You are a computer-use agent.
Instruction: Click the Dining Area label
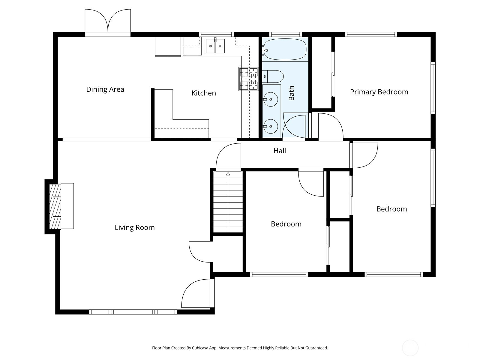point(105,89)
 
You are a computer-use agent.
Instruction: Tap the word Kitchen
point(204,93)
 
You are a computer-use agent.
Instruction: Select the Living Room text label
point(135,227)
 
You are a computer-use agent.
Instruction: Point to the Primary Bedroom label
point(379,92)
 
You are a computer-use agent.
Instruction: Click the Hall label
point(280,151)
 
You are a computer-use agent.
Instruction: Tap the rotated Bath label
point(291,93)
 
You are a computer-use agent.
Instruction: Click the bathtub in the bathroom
point(285,49)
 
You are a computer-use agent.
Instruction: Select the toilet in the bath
point(273,76)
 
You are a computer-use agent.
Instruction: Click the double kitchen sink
point(215,46)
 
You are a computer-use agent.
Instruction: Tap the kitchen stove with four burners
point(249,79)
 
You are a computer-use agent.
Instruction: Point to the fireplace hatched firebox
point(55,207)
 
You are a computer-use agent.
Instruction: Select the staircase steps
point(228,202)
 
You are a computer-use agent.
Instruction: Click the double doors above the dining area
point(108,22)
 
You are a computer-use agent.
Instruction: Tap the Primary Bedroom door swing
point(331,126)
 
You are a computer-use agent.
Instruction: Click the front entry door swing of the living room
point(196,293)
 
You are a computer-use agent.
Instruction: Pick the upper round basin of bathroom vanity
point(271,99)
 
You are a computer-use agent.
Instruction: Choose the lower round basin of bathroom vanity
point(271,126)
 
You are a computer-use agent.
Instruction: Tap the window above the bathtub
point(285,34)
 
